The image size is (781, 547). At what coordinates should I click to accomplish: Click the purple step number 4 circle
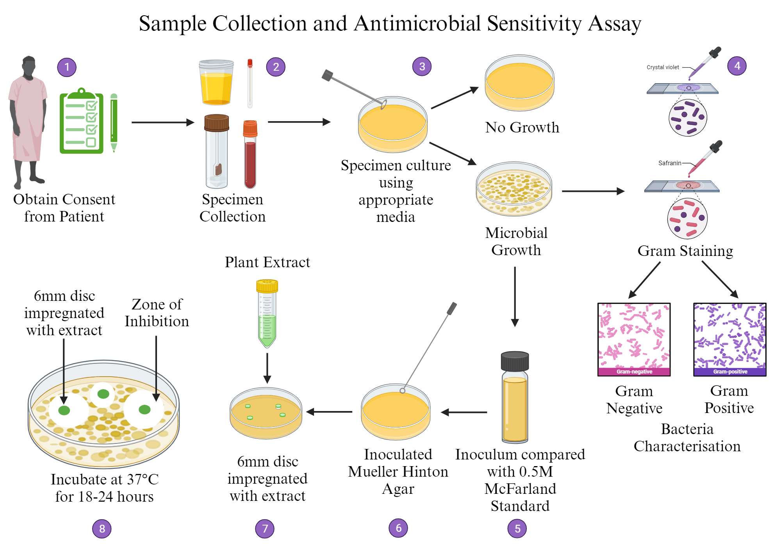tap(737, 66)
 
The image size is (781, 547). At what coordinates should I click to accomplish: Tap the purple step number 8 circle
tap(102, 529)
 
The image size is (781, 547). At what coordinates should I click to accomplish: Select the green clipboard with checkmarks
tap(82, 122)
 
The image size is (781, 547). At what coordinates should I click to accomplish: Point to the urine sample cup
tap(216, 83)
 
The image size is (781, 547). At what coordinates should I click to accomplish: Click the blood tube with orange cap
tap(250, 154)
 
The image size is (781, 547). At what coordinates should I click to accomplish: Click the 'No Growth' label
tap(522, 127)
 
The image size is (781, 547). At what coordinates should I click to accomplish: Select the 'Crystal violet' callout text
tap(663, 67)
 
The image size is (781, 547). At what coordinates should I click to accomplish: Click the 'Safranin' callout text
tap(669, 163)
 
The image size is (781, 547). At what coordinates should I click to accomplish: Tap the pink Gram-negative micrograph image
tap(634, 339)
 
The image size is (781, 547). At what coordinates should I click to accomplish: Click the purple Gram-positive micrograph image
tap(729, 339)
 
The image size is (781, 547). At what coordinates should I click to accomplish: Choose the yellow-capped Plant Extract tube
tap(267, 313)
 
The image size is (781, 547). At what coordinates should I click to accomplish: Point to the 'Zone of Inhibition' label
tap(157, 313)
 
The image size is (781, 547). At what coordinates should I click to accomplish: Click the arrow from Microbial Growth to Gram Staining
tap(592, 191)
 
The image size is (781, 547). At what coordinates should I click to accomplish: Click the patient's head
tap(29, 66)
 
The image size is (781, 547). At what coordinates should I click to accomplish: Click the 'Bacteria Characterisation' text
tap(687, 438)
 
